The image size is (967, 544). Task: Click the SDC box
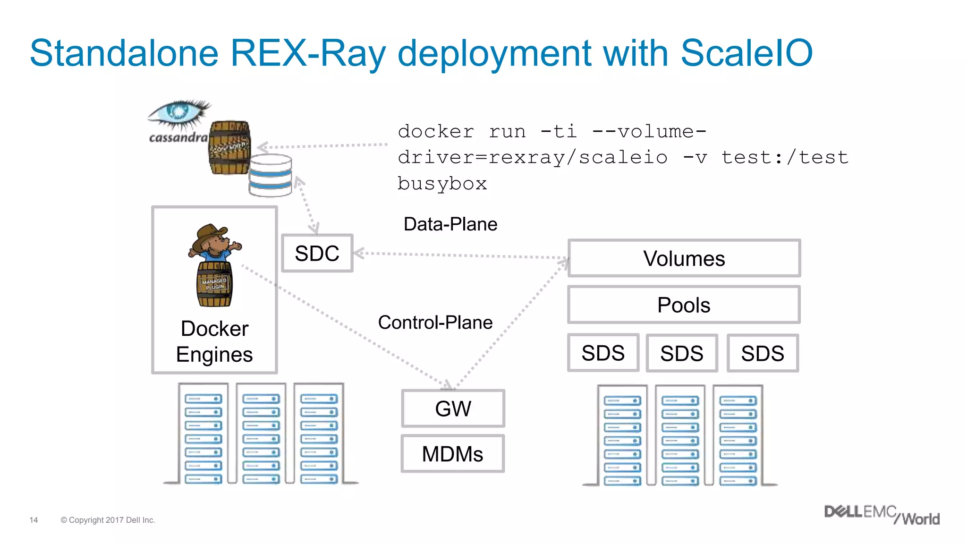(x=317, y=253)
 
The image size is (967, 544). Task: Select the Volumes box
(x=684, y=258)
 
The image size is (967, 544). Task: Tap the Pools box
(x=684, y=305)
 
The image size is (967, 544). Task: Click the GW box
(x=453, y=408)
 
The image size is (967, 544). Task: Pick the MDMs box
(x=452, y=454)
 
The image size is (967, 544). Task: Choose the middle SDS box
(x=681, y=353)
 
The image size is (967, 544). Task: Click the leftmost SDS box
(x=603, y=353)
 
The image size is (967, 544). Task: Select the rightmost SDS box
(x=762, y=353)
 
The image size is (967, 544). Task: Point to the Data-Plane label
(x=450, y=224)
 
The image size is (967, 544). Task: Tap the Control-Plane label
(x=435, y=323)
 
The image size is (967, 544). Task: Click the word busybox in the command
(x=442, y=183)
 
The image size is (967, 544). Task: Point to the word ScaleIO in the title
(x=746, y=53)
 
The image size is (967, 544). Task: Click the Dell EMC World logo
(x=881, y=515)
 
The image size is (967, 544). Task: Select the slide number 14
(x=34, y=520)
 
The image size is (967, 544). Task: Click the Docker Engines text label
(x=214, y=341)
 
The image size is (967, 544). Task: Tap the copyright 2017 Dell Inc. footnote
(x=108, y=520)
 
